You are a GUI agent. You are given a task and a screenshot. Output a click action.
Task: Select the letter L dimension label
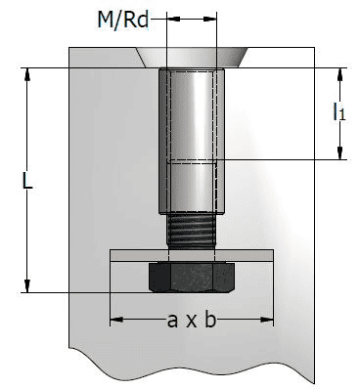tap(28, 182)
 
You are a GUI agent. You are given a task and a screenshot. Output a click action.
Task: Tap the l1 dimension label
tap(339, 112)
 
